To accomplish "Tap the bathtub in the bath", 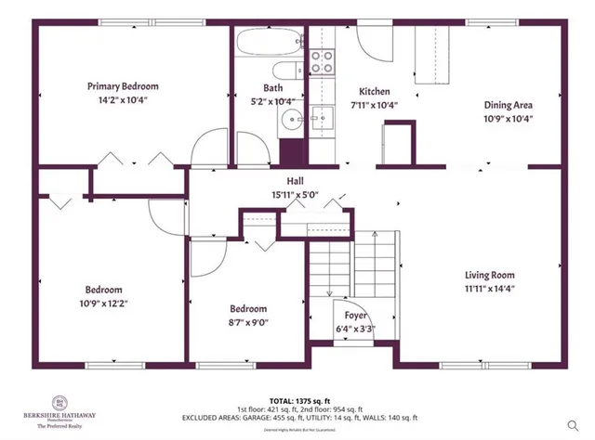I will [268, 43].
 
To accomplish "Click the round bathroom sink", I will [292, 119].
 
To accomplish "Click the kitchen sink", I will [322, 116].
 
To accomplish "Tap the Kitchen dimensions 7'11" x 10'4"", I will [375, 105].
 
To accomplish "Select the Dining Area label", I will [507, 105].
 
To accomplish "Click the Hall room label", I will [295, 181].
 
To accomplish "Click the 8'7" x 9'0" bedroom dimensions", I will [248, 322].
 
